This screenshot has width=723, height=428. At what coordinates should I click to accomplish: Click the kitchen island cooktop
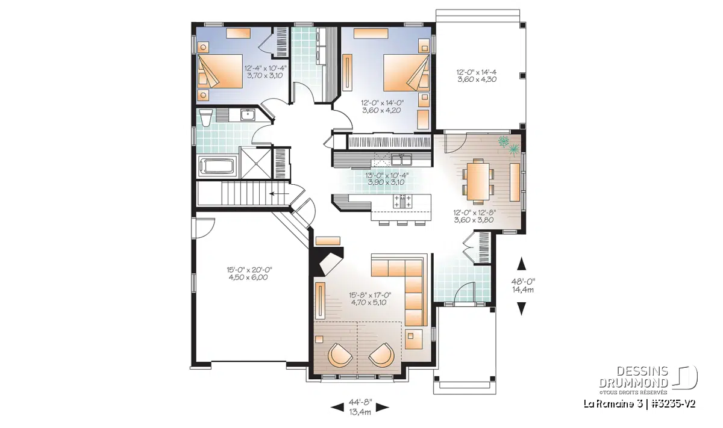pos(402,202)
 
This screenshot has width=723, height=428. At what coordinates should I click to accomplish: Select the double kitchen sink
pos(401,160)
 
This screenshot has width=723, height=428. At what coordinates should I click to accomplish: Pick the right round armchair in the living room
pos(381,355)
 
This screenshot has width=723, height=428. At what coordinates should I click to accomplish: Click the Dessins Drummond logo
pos(648,377)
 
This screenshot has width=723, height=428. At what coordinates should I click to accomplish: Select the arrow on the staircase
pos(278,194)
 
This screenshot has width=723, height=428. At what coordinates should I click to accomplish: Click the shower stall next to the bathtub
pos(255,163)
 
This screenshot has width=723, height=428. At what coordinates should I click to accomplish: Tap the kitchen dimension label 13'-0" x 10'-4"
pos(387,178)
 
